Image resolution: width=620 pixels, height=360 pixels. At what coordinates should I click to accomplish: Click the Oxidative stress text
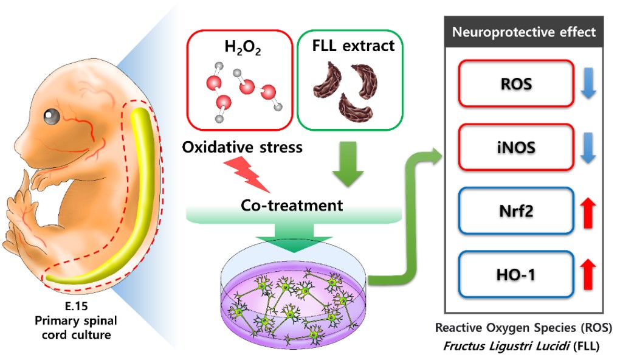point(243,148)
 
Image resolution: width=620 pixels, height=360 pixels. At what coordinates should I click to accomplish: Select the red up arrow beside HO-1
point(588,275)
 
